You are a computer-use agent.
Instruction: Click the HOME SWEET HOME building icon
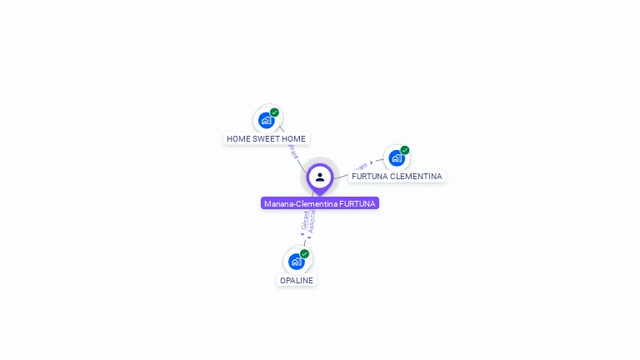pos(267,120)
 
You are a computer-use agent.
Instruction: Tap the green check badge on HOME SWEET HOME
pos(274,112)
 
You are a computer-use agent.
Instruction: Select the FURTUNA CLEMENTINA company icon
pos(397,157)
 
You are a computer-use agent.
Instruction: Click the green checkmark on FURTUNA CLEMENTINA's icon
pos(405,150)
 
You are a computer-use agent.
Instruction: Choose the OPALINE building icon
pos(297,262)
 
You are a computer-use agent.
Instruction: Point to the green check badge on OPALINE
pos(304,253)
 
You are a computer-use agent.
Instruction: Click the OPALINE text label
pos(297,280)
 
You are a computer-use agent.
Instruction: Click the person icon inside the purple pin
pos(320,177)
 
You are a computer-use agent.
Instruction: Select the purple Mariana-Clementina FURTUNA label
pos(320,203)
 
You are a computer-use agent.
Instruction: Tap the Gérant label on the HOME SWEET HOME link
pos(292,152)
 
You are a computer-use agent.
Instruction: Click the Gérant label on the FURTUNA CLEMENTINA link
pos(360,166)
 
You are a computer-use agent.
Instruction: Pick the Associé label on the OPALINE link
pos(312,220)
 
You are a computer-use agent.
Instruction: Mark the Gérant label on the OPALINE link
pos(304,220)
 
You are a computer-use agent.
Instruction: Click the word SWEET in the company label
pos(267,139)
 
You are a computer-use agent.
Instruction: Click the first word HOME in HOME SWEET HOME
pos(238,139)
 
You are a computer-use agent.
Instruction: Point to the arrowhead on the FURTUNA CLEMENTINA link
pos(372,163)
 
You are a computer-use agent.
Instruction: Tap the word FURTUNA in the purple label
pos(357,203)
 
